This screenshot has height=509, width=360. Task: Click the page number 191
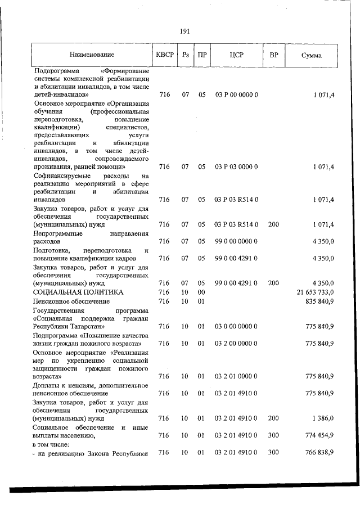tap(184, 31)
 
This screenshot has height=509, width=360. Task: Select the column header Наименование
tap(92, 55)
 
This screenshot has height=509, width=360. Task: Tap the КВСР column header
tap(164, 55)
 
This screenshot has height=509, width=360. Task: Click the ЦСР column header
tap(236, 55)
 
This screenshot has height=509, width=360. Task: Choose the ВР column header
tap(273, 55)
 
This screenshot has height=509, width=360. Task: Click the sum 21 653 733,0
tap(315, 292)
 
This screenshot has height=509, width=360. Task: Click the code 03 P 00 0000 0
tap(236, 95)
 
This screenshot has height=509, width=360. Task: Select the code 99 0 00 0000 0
tap(236, 241)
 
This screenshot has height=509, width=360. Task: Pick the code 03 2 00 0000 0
tap(236, 343)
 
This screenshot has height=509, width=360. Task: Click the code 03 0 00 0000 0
tap(236, 326)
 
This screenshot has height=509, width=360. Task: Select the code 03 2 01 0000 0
tap(236, 376)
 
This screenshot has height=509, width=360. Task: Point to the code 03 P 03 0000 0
tap(236, 167)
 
